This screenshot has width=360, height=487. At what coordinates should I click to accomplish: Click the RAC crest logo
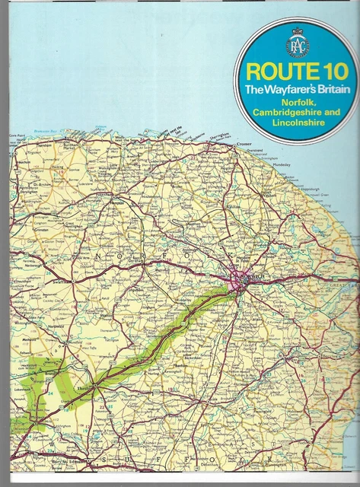[x=295, y=48]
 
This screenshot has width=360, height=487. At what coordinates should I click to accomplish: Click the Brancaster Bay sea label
[x=47, y=131]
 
